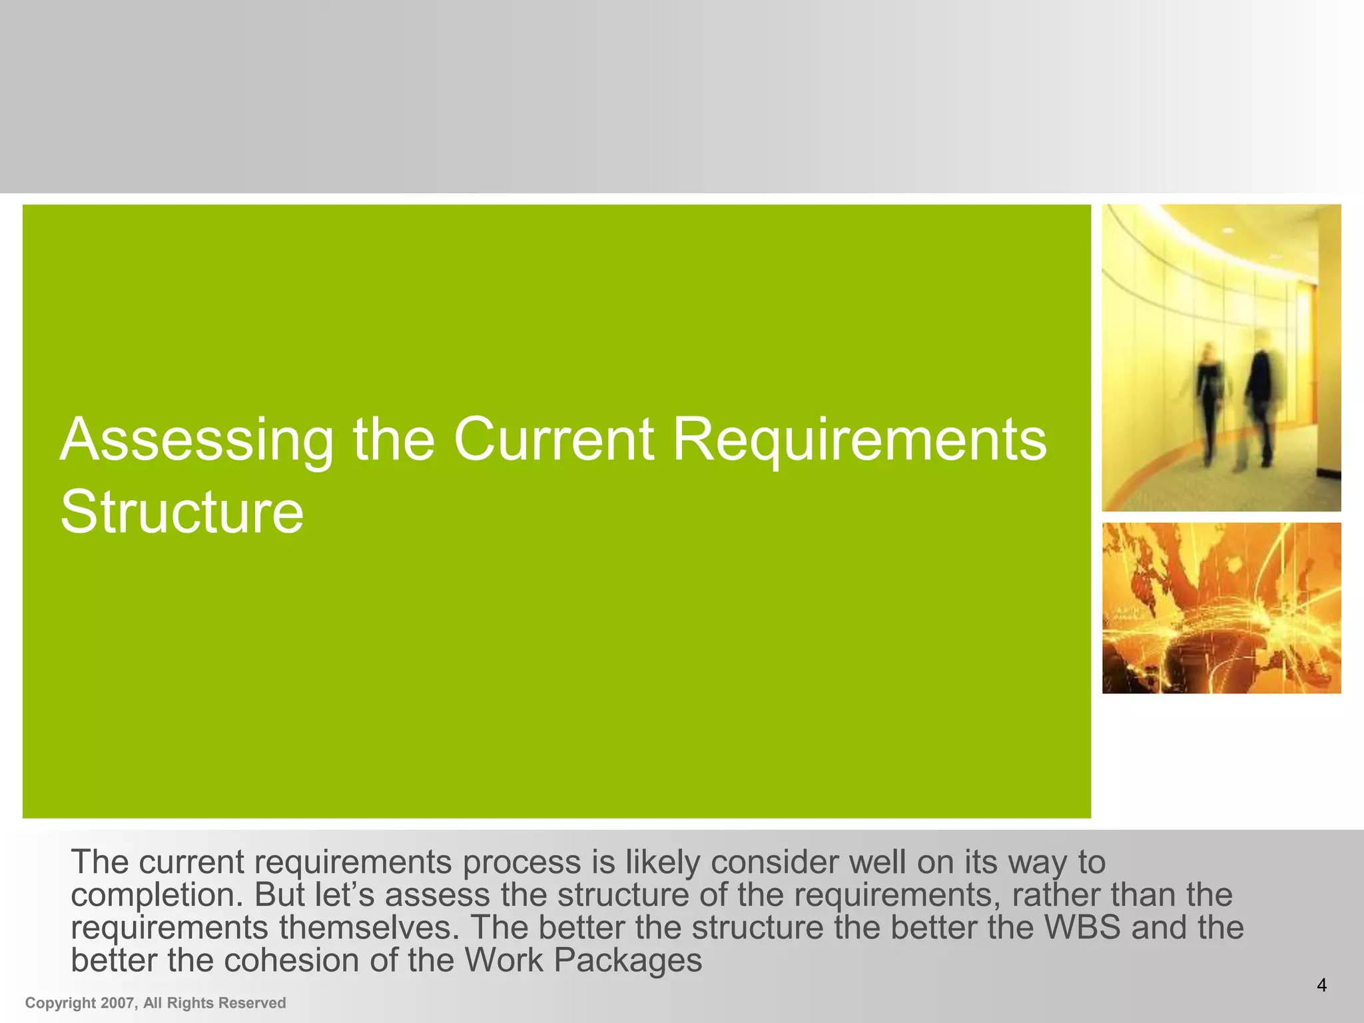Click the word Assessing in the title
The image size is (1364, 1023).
point(197,440)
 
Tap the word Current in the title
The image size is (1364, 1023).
point(553,440)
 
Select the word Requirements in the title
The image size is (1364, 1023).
point(859,440)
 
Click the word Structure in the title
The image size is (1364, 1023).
point(182,512)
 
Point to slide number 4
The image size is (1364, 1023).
point(1321,985)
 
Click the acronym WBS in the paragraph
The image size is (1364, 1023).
point(1082,928)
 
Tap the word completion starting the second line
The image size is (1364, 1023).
point(157,895)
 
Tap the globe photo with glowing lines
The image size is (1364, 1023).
point(1221,608)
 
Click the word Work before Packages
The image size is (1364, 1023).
point(504,960)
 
